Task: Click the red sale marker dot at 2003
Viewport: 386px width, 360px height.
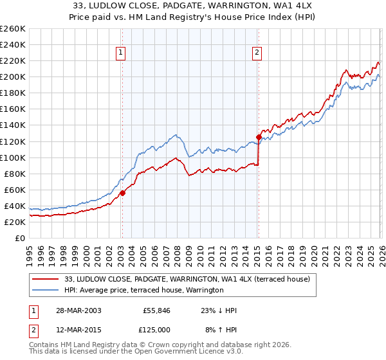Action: pyautogui.click(x=122, y=192)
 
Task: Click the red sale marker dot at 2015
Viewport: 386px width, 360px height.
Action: pyautogui.click(x=258, y=137)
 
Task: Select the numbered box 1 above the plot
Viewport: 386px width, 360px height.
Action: pyautogui.click(x=122, y=53)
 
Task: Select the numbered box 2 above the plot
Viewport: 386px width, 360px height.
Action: pyautogui.click(x=257, y=53)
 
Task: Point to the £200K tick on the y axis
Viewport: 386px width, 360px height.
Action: pyautogui.click(x=13, y=76)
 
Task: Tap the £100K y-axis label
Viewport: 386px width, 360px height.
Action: pyautogui.click(x=13, y=157)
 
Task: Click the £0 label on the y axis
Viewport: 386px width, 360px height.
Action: pyautogui.click(x=21, y=238)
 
